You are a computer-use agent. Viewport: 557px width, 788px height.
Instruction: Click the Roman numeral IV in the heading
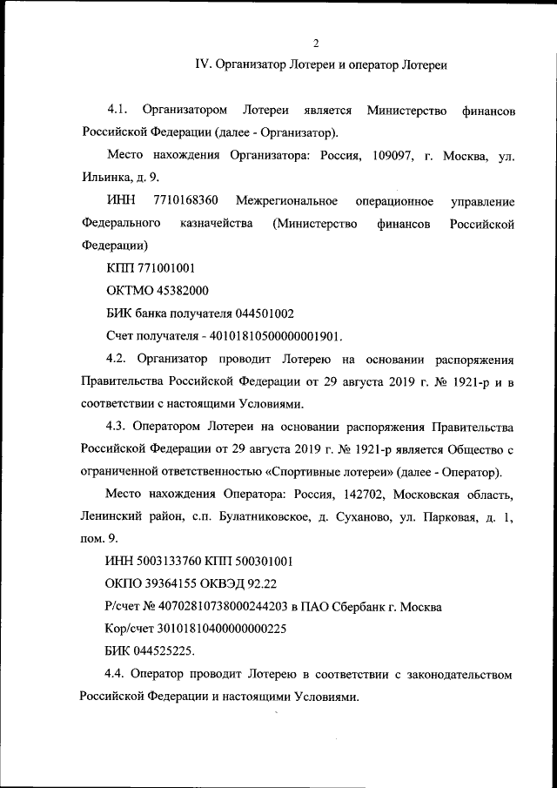(201, 64)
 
